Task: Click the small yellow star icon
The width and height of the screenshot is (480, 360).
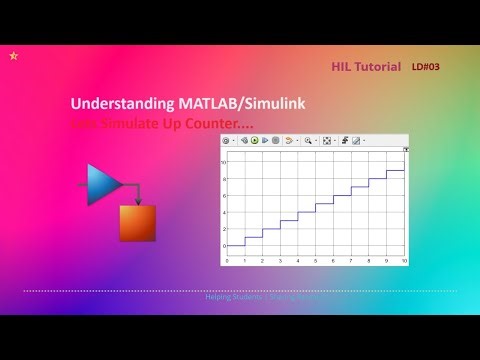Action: coord(12,56)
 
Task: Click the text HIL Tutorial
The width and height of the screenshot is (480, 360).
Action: coord(365,67)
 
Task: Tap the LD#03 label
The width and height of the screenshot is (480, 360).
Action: coord(425,67)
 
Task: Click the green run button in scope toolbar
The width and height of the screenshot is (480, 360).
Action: coord(254,141)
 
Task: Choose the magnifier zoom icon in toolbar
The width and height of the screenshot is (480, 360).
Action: coord(309,141)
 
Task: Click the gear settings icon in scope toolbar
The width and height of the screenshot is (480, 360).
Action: coord(227,141)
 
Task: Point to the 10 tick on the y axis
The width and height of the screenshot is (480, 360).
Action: coord(224,161)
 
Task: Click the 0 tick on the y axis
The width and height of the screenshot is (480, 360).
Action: coord(225,245)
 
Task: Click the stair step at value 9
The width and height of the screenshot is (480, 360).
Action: coord(395,170)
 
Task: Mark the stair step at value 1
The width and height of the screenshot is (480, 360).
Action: coord(253,237)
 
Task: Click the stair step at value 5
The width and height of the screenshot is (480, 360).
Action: coord(324,204)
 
